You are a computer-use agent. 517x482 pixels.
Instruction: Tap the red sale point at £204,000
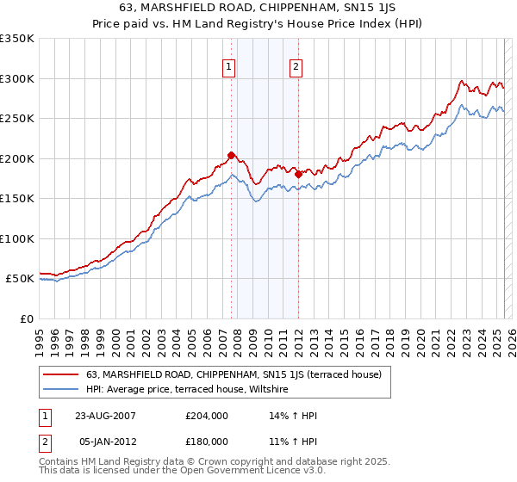click(231, 156)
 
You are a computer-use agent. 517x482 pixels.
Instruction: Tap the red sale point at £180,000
click(298, 174)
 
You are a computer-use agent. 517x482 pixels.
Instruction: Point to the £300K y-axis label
click(18, 78)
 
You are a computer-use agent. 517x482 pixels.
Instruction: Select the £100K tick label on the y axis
click(18, 238)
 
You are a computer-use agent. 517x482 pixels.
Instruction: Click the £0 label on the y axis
click(26, 318)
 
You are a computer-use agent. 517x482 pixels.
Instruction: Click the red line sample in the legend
click(60, 374)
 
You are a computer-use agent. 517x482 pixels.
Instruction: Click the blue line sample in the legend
click(60, 390)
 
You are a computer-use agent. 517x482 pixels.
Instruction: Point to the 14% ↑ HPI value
click(294, 416)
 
